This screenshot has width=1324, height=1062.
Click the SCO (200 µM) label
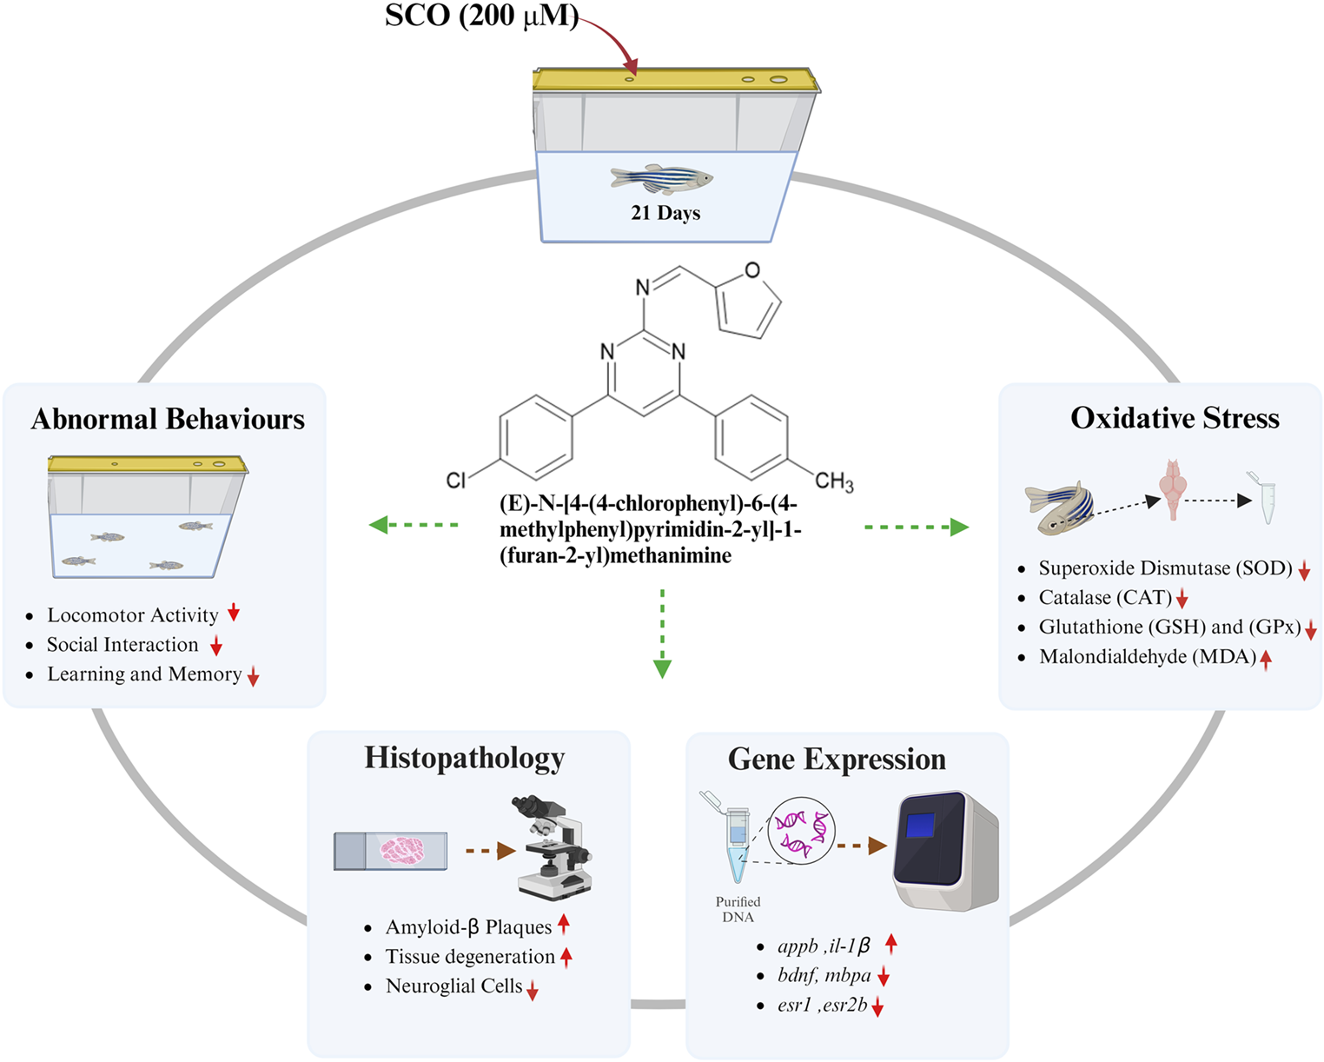(481, 17)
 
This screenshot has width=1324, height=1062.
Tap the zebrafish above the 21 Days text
(662, 179)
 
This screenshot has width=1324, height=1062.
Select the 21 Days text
(665, 213)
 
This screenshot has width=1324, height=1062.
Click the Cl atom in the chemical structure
(456, 480)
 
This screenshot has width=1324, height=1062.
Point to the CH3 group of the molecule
(834, 481)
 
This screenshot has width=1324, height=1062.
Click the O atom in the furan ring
(752, 270)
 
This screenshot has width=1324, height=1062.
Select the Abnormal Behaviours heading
(168, 419)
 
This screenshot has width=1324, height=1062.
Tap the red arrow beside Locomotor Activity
(234, 613)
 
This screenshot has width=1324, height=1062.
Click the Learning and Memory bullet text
(144, 674)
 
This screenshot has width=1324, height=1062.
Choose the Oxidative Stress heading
(1175, 418)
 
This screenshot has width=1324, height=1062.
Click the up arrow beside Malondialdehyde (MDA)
(1266, 660)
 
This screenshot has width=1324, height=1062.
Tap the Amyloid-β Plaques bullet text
(468, 927)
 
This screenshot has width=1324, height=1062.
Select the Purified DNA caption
(738, 909)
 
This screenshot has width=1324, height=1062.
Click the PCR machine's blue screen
(921, 826)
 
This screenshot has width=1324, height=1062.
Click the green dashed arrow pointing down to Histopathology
(662, 634)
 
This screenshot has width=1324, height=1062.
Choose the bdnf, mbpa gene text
(824, 976)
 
